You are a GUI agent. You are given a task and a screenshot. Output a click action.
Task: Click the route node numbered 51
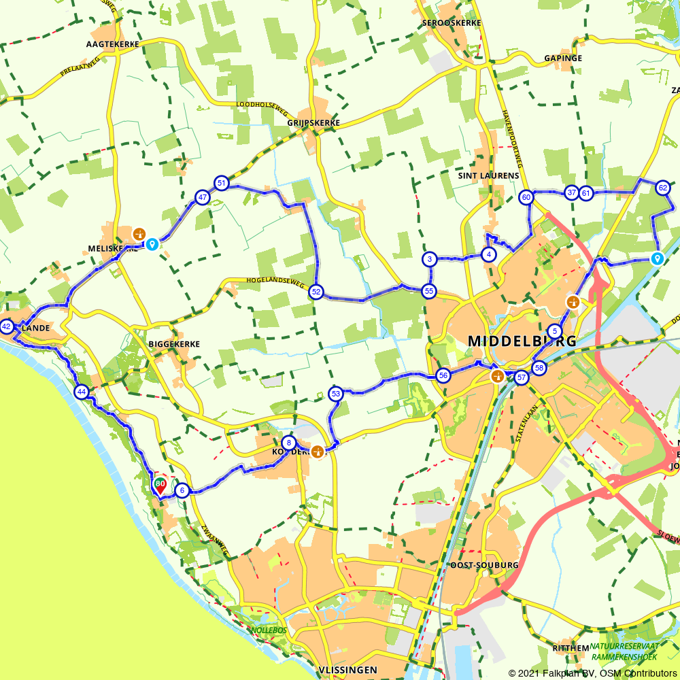(x=221, y=183)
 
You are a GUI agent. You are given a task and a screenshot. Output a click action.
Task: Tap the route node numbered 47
(x=202, y=198)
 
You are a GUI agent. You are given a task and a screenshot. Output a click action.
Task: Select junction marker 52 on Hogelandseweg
(x=316, y=292)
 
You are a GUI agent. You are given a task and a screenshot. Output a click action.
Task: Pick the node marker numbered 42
(x=7, y=327)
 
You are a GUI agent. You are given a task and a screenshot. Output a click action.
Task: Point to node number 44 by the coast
(x=82, y=392)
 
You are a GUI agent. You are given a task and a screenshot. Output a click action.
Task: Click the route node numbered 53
(x=335, y=394)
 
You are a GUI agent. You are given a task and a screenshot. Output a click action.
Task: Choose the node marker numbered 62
(x=663, y=188)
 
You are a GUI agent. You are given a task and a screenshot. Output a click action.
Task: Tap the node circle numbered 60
(x=526, y=197)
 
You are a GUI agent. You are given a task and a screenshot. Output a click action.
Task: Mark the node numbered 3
(x=430, y=259)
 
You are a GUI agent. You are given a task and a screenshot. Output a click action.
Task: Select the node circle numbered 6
(x=182, y=490)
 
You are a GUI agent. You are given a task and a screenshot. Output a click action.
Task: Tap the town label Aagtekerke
(x=113, y=44)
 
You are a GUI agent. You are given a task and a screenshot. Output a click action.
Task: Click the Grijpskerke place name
(x=313, y=123)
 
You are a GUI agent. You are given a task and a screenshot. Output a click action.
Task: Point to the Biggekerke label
(x=174, y=344)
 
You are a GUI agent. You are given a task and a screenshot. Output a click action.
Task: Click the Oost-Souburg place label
(x=484, y=565)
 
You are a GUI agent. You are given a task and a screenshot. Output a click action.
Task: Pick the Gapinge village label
(x=563, y=58)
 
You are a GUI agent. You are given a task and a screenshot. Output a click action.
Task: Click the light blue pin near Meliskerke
(x=152, y=244)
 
